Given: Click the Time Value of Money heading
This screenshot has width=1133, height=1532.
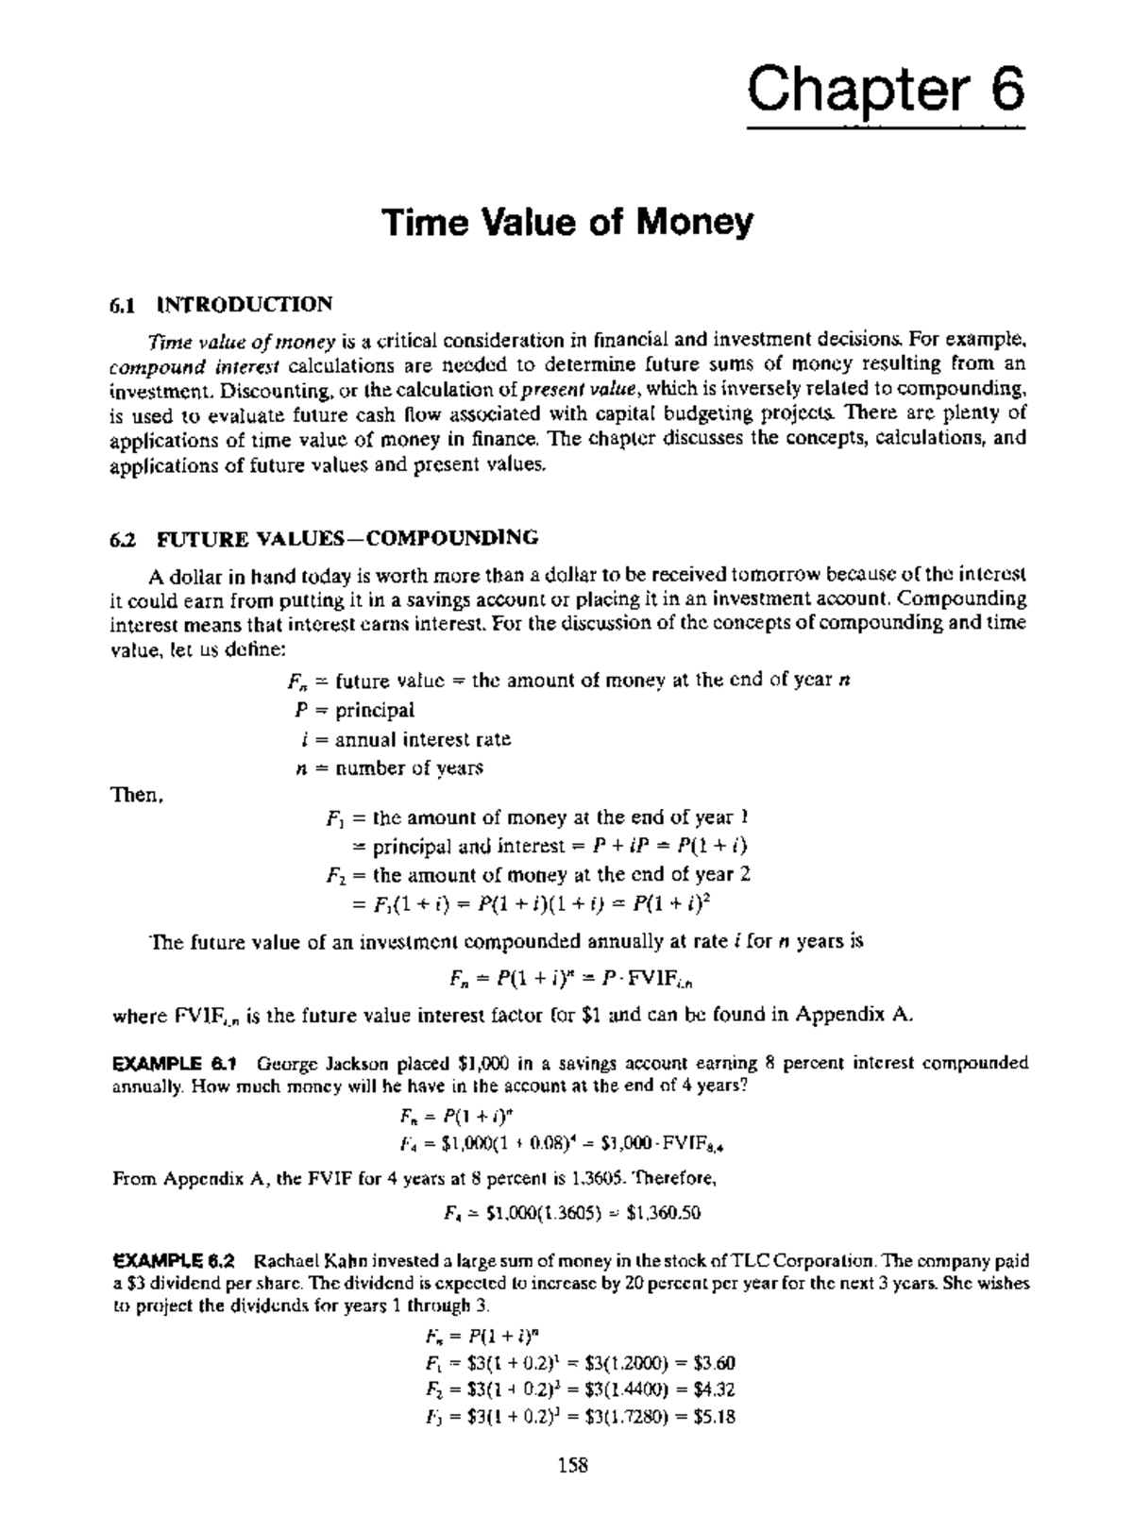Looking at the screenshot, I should tap(566, 223).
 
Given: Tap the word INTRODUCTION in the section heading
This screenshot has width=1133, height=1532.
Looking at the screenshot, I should tap(245, 305).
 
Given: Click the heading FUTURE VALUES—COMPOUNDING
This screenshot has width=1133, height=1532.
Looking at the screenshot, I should tap(347, 538).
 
